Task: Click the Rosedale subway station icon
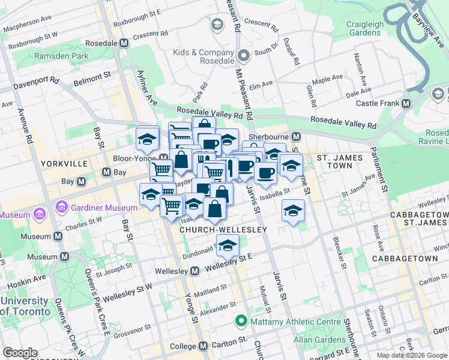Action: coord(124,44)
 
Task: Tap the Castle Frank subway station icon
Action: coord(406,103)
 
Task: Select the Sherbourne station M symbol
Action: coord(295,136)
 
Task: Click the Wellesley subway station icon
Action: coord(195,272)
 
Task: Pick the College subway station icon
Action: coord(203,346)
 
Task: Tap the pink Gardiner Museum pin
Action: coord(61,208)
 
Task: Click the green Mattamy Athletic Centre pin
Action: coord(241,321)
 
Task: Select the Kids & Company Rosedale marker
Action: coord(244,56)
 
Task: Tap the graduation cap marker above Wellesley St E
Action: coord(228,245)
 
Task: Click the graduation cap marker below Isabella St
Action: coord(292,211)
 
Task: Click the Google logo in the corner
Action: coord(20,353)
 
